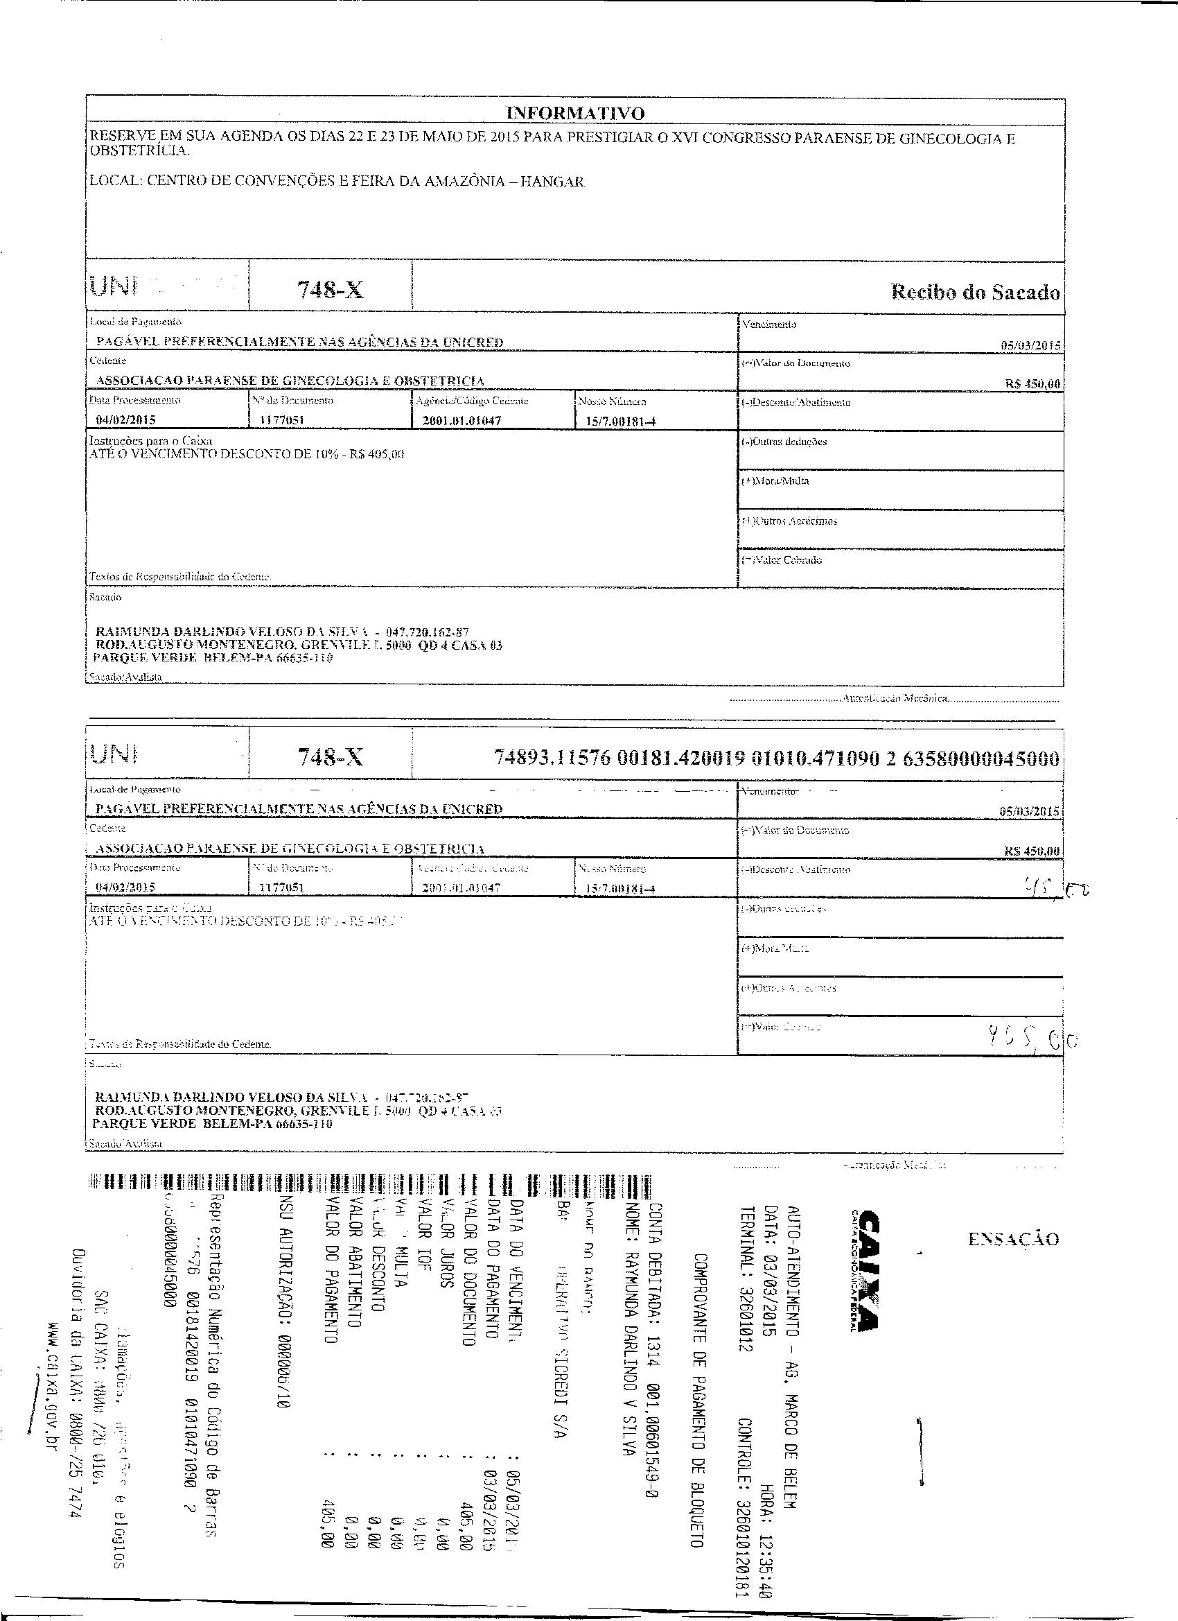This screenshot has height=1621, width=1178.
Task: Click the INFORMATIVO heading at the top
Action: (575, 113)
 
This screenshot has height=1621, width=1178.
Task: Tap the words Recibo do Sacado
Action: (975, 292)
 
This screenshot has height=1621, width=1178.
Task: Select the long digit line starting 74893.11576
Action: (777, 759)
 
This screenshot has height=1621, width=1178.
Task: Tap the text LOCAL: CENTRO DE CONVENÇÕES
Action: (337, 181)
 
